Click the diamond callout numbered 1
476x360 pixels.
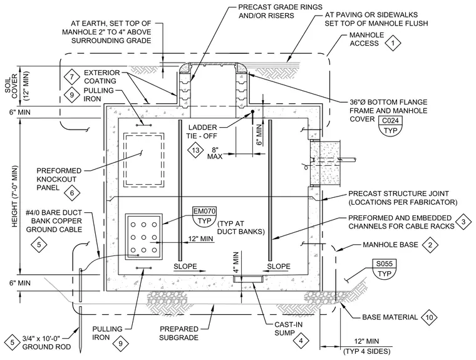pyautogui.click(x=393, y=43)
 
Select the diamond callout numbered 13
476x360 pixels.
pyautogui.click(x=195, y=150)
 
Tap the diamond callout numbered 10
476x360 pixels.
pyautogui.click(x=429, y=317)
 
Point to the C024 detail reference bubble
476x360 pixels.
pyautogui.click(x=390, y=125)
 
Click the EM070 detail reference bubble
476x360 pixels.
pyautogui.click(x=205, y=216)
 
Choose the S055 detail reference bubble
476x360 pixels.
pyautogui.click(x=385, y=269)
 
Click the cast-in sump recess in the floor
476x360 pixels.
pyautogui.click(x=247, y=279)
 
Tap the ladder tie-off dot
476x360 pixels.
pyautogui.click(x=252, y=111)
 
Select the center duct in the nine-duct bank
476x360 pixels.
pyautogui.click(x=143, y=237)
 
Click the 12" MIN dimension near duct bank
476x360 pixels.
pyautogui.click(x=200, y=239)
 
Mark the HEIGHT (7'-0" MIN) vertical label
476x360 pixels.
pyautogui.click(x=15, y=197)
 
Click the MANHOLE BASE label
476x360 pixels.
pyautogui.click(x=390, y=245)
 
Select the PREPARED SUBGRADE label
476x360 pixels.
pyautogui.click(x=178, y=333)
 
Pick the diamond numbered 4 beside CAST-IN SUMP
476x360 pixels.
pyautogui.click(x=301, y=341)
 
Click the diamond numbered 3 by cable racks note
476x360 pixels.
pyautogui.click(x=463, y=222)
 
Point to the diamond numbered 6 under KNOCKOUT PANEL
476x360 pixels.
pyautogui.click(x=72, y=193)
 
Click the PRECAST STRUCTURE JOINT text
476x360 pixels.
pyautogui.click(x=398, y=193)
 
